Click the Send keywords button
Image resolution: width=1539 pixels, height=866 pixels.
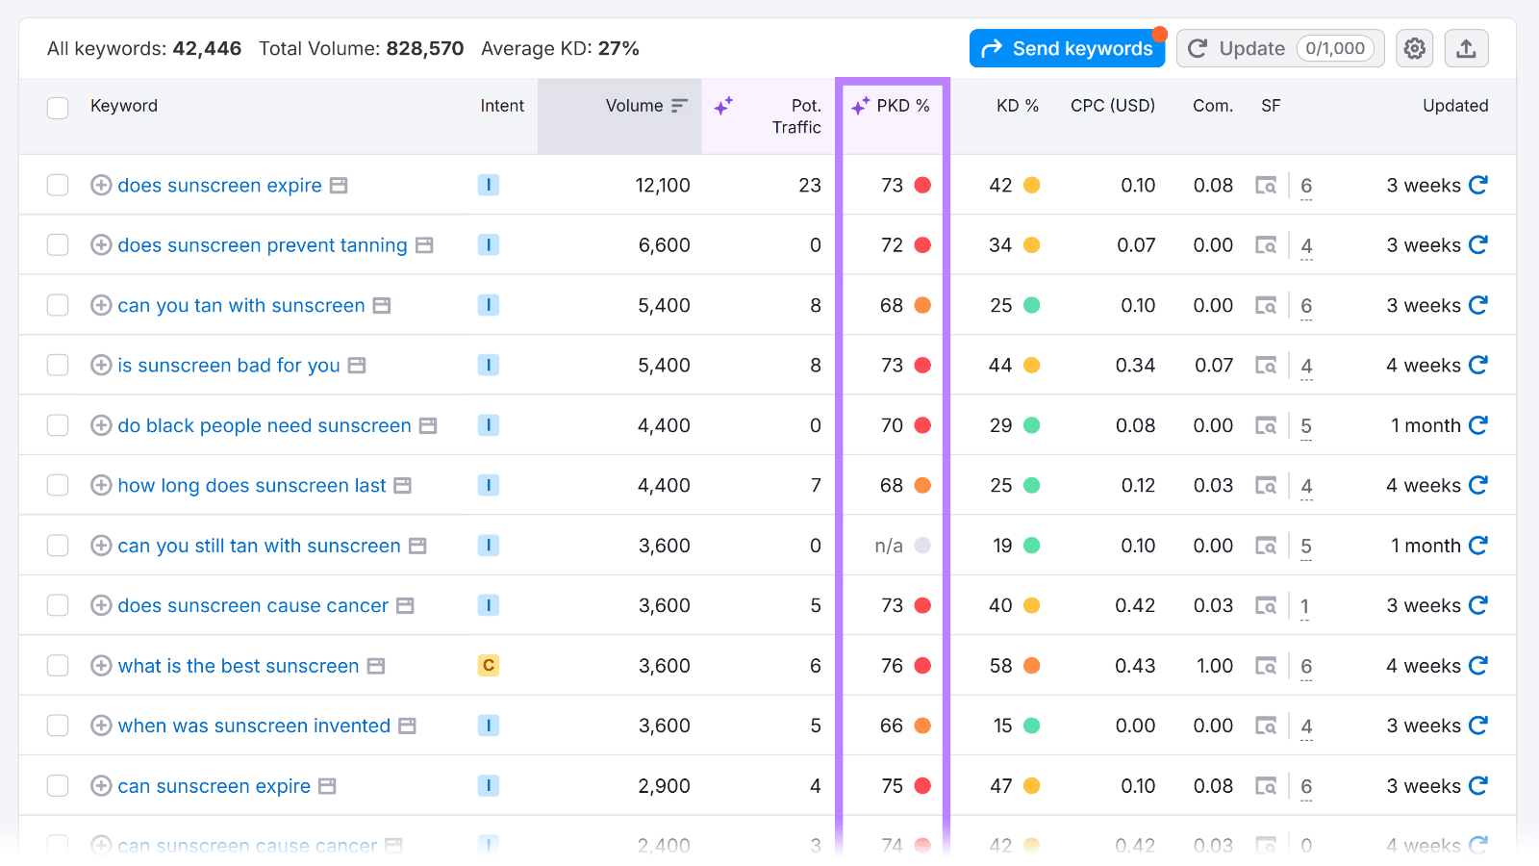tap(1067, 48)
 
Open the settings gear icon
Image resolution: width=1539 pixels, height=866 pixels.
tap(1414, 48)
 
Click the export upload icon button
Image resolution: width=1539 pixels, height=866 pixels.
tap(1466, 48)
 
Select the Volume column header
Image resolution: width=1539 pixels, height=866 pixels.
tap(635, 106)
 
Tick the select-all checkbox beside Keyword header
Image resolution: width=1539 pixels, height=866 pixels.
tap(58, 107)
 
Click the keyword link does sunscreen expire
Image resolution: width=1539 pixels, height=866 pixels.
tap(219, 186)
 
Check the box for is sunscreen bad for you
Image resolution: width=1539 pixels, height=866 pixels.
tap(58, 366)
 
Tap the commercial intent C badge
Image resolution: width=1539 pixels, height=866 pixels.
tap(489, 666)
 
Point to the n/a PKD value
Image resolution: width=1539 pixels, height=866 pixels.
tap(889, 547)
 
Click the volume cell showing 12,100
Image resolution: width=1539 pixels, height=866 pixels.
tap(663, 186)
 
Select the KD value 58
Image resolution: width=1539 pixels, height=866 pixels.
tap(1000, 666)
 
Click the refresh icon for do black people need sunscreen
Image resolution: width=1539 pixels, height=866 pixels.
tap(1478, 425)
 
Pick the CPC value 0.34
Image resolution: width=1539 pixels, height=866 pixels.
tap(1135, 366)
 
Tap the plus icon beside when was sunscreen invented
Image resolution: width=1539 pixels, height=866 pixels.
tap(101, 726)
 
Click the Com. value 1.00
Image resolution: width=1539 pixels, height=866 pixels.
tap(1214, 666)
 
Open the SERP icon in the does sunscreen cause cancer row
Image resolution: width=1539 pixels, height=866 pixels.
tap(1266, 606)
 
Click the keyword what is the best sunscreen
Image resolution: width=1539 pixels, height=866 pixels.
tap(238, 666)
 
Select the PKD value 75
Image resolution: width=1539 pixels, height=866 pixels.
tap(892, 786)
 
